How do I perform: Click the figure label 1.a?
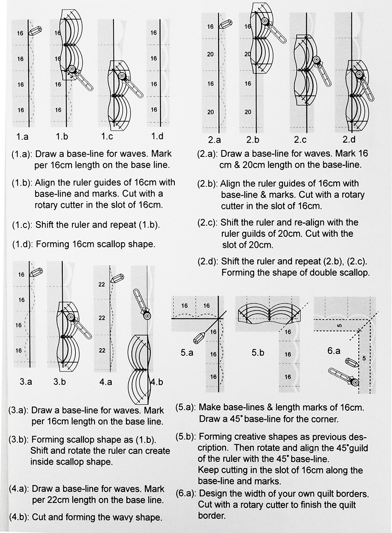click(22, 137)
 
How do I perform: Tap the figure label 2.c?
click(301, 140)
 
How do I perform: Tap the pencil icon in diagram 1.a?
click(35, 31)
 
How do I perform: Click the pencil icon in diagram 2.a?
click(226, 24)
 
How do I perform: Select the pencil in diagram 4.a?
click(119, 278)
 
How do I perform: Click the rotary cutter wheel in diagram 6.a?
click(354, 381)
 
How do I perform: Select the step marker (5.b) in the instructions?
click(187, 437)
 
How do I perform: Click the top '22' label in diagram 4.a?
click(102, 285)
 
